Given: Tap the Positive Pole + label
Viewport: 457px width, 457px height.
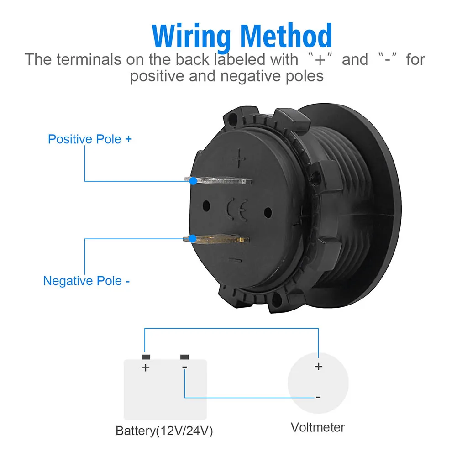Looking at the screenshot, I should point(90,139).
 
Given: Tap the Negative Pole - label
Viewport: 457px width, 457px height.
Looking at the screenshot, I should point(87,280).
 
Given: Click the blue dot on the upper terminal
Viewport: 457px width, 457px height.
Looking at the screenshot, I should point(194,181).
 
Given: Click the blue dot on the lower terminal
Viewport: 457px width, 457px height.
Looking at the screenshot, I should point(193,238).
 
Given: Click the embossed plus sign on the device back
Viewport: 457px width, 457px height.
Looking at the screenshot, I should point(240,159).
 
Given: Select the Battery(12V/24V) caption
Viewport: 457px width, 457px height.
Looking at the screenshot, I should point(164,431).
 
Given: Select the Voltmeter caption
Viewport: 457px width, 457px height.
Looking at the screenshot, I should point(318,427).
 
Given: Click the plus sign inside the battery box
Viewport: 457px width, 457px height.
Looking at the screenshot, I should point(146,368).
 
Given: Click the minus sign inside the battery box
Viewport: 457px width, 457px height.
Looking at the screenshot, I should point(184,367).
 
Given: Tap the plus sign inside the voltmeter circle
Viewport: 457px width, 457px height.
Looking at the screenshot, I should point(318,366).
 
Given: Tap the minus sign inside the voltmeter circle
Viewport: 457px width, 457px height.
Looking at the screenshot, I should point(318,397).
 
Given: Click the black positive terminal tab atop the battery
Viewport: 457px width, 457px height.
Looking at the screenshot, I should point(146,356).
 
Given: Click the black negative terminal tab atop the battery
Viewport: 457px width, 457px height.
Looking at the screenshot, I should point(184,356).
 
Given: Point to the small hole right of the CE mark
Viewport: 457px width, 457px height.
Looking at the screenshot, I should point(268,211).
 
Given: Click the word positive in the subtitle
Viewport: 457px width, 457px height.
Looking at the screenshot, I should point(158,75).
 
